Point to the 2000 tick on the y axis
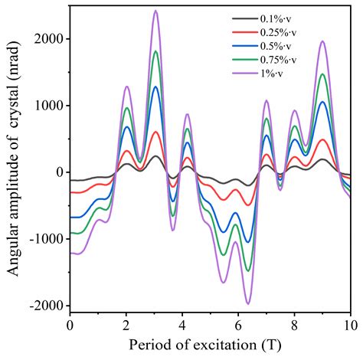pyautogui.click(x=48, y=39)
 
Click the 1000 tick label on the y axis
pyautogui.click(x=48, y=106)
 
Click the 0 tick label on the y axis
pyautogui.click(x=58, y=172)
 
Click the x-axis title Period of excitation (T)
pyautogui.click(x=210, y=345)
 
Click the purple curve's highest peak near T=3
pyautogui.click(x=155, y=11)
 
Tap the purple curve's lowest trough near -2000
pyautogui.click(x=248, y=303)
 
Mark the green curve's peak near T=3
pyautogui.click(x=155, y=51)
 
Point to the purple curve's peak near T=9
pyautogui.click(x=322, y=41)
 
